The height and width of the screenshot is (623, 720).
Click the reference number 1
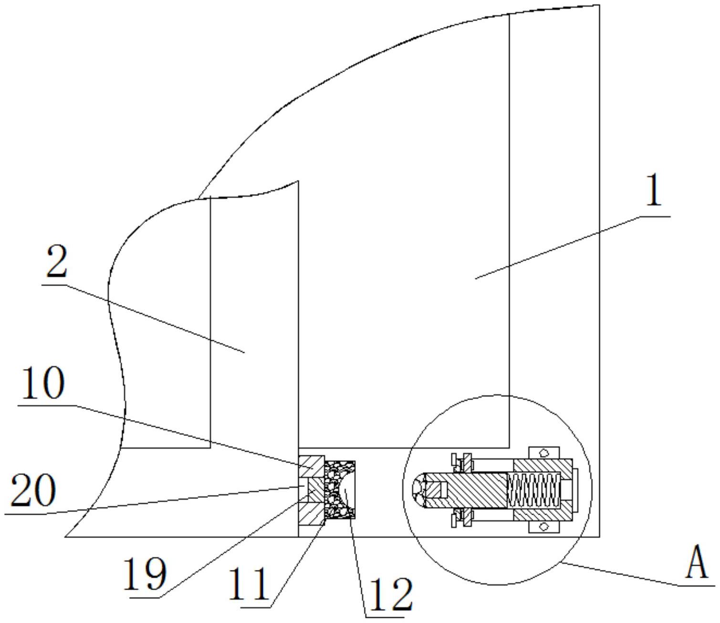click(x=654, y=190)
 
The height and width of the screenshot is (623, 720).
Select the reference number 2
click(x=56, y=263)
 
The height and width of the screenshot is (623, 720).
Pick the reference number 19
click(x=145, y=574)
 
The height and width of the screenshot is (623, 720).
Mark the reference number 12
click(x=390, y=594)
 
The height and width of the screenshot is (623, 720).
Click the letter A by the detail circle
click(x=698, y=563)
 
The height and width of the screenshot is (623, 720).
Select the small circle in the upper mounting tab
click(x=543, y=452)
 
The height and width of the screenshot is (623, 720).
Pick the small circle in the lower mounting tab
click(x=543, y=527)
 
